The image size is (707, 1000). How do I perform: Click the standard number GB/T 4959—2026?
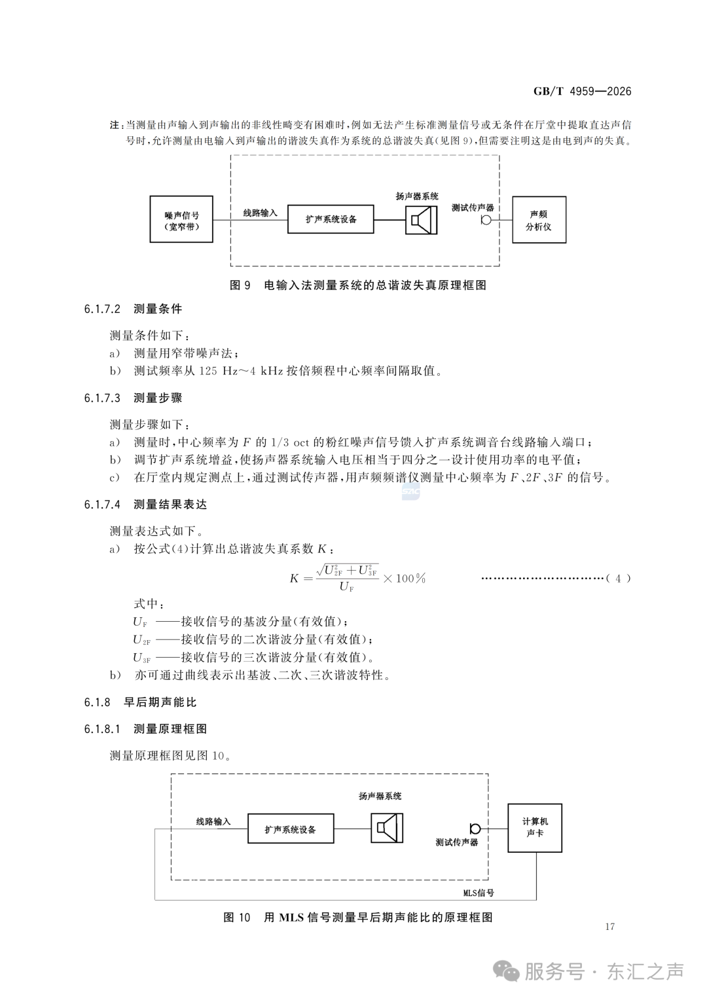click(x=582, y=92)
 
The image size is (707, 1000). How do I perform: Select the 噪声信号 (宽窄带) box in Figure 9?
click(x=181, y=219)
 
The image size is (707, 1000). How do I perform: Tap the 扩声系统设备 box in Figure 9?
click(x=331, y=219)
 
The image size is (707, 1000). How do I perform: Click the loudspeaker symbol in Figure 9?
click(x=421, y=220)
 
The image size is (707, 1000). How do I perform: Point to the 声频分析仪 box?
click(x=539, y=220)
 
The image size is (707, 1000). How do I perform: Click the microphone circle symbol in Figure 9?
click(x=486, y=220)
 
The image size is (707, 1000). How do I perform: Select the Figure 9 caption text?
click(x=357, y=285)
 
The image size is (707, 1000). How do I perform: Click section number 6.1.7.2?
click(x=102, y=309)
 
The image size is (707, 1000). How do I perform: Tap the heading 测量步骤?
click(x=158, y=398)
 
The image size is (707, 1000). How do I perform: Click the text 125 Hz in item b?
click(x=219, y=371)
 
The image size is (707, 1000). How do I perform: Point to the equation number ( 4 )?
click(x=618, y=579)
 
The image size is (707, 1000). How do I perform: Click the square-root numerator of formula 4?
click(x=347, y=570)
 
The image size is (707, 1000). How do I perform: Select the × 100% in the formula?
click(x=404, y=579)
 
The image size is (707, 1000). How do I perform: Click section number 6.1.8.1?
click(x=102, y=729)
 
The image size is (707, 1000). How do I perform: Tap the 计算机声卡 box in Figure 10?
click(x=535, y=828)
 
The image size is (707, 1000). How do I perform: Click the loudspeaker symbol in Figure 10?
click(x=387, y=828)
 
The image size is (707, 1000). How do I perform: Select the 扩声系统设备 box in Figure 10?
click(x=291, y=829)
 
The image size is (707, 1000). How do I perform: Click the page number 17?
click(x=609, y=927)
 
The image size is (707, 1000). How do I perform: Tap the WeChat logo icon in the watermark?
click(x=506, y=971)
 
